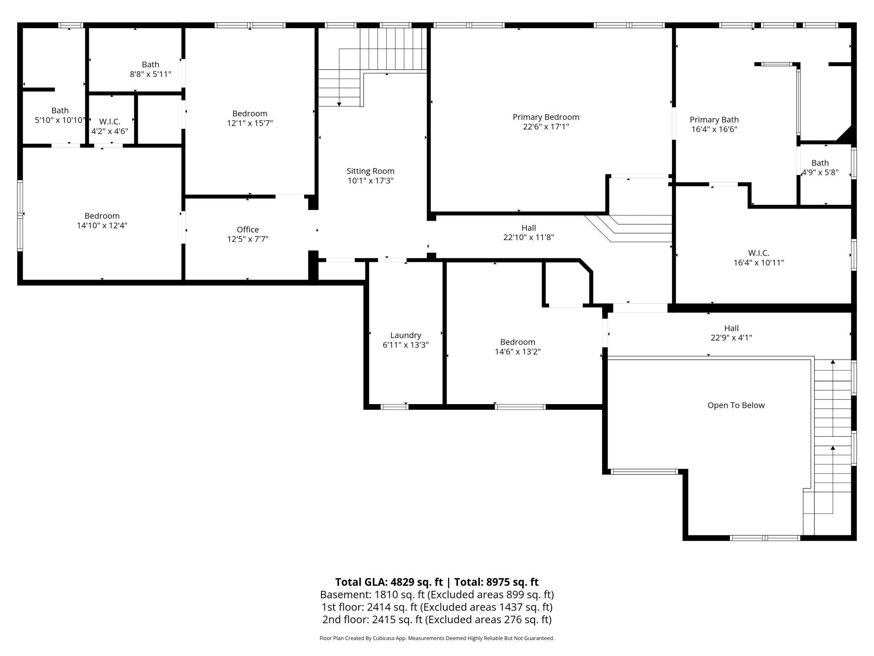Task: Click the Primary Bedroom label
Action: tap(546, 117)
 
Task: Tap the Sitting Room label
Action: tap(370, 171)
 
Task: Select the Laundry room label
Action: tap(405, 335)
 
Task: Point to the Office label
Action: tap(247, 230)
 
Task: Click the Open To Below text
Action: tap(736, 405)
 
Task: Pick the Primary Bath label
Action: tap(714, 120)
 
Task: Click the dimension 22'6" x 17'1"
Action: tap(546, 127)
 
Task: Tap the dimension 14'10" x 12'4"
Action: tap(102, 225)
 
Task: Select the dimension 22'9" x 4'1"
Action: tap(731, 338)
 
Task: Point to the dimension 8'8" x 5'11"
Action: tap(150, 74)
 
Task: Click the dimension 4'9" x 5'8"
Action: tap(820, 172)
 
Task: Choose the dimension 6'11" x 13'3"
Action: tap(405, 345)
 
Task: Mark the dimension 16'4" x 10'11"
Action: tap(758, 263)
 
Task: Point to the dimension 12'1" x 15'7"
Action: tap(250, 123)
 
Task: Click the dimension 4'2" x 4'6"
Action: tap(110, 131)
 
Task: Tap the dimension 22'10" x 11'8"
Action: tap(529, 237)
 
